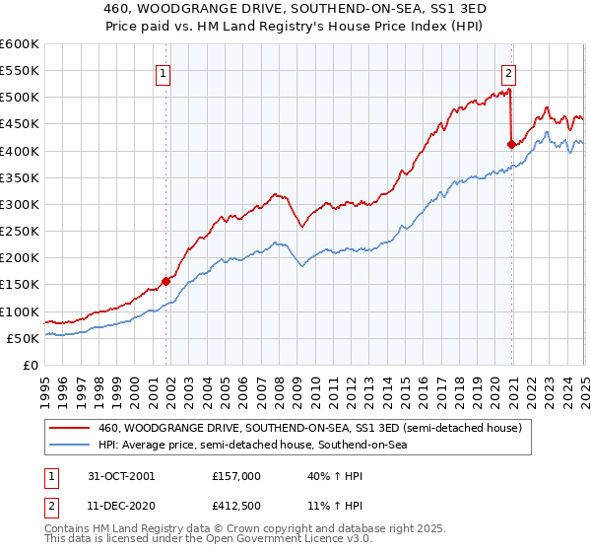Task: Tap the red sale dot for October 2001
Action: coord(166,281)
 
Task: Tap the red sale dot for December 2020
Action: coord(511,144)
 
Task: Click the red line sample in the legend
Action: coord(70,428)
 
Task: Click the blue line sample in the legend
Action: coord(70,445)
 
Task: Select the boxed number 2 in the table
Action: coord(51,507)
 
